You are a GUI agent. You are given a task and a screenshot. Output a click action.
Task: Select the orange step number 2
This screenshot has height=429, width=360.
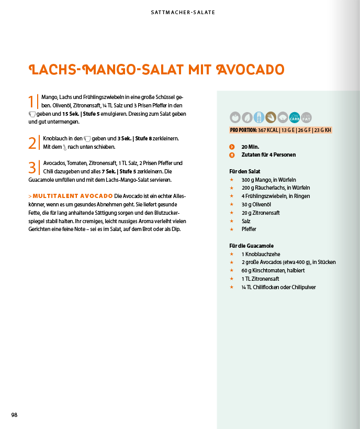pos(32,142)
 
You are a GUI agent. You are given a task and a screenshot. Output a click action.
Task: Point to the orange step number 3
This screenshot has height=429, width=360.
pos(32,167)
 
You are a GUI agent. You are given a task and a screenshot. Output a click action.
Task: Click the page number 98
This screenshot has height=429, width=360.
pos(15,415)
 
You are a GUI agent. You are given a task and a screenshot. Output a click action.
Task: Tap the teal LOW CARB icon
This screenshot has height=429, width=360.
pos(295,117)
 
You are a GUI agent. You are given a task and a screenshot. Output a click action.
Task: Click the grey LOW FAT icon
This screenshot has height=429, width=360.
pos(307,117)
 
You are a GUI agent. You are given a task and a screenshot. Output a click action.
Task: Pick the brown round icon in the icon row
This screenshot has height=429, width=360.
pos(271,117)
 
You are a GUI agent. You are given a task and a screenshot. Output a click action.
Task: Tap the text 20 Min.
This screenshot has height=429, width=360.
pos(250,147)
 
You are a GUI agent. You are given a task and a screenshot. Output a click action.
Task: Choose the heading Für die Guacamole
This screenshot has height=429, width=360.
pos(251,246)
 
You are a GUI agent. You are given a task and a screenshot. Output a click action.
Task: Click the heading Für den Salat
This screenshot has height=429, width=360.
pos(244,171)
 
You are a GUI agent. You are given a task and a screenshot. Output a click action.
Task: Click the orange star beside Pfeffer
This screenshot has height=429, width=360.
pos(231,229)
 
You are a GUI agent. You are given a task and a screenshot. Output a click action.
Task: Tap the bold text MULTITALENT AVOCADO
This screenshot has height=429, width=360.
pos(72,196)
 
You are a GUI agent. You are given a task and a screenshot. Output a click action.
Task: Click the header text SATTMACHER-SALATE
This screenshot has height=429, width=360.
pos(179,12)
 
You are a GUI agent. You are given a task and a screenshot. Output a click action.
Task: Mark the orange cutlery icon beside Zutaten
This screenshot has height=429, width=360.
pos(232,155)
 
